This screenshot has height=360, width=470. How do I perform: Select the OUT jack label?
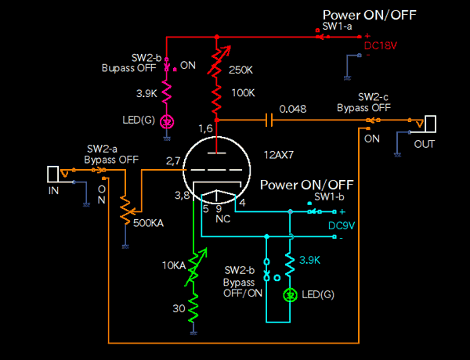[425, 144]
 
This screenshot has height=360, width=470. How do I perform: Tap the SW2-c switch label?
[373, 97]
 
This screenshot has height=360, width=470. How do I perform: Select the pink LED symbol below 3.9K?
[166, 121]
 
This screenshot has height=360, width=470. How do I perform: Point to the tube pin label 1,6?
[205, 128]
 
